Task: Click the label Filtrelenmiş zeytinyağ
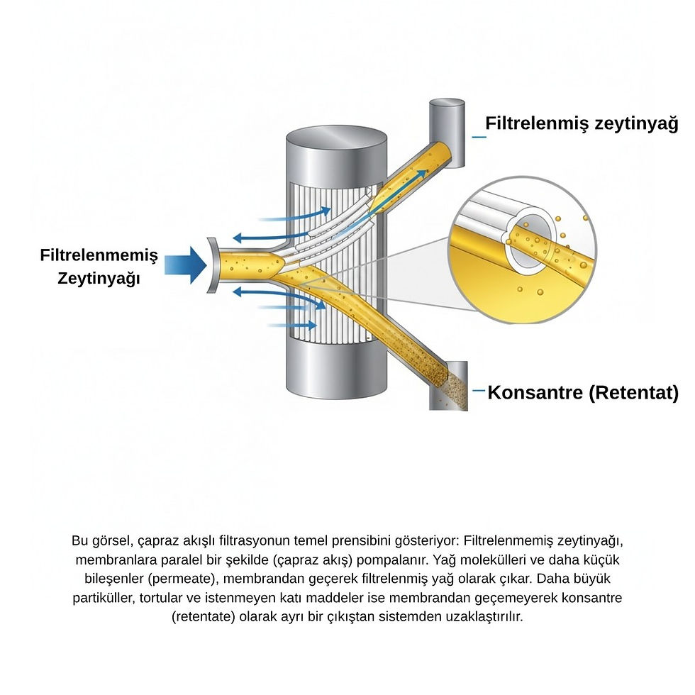[x=582, y=124]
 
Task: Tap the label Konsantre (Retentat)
[x=583, y=392]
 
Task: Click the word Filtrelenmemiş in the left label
[x=99, y=255]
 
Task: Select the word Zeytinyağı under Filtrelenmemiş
[x=99, y=278]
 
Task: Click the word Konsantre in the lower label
[x=535, y=392]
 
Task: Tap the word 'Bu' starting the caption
[x=81, y=540]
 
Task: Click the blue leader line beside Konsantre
[x=478, y=390]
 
